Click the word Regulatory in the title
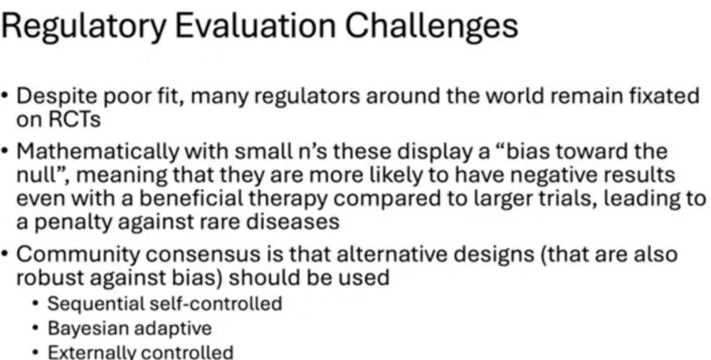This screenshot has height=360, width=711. pos(83,26)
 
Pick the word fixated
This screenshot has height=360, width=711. pos(664,96)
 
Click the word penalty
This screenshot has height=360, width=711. pos(75,223)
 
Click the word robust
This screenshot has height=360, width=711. pos(50,278)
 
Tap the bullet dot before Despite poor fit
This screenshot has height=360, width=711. pos(4,97)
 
